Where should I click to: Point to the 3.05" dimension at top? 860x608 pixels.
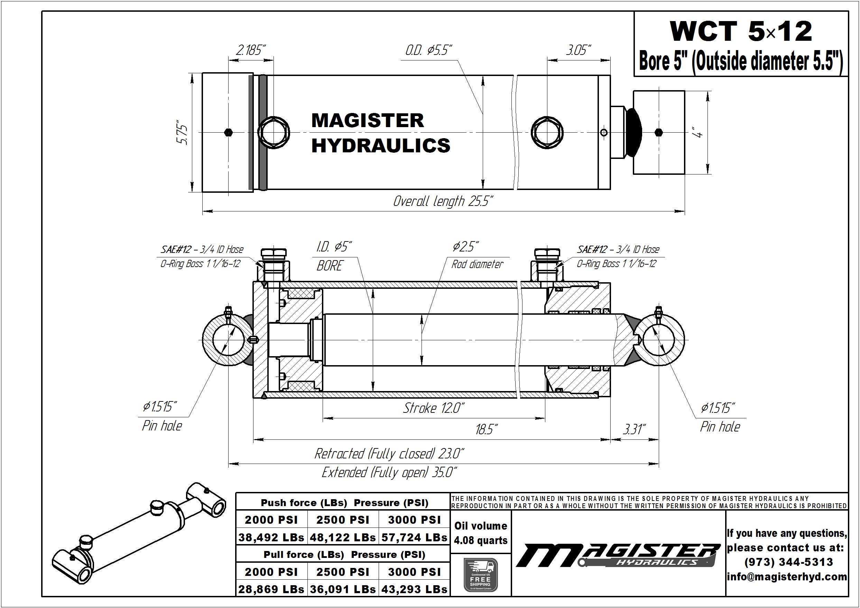point(578,50)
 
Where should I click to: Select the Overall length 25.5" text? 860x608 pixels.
point(443,201)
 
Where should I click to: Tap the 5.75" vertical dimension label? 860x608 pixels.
point(183,132)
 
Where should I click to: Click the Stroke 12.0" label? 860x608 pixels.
point(434,408)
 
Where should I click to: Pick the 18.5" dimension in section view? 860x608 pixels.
point(487,429)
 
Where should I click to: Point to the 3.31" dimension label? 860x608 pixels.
point(634,429)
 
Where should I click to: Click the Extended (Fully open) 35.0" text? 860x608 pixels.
point(389,473)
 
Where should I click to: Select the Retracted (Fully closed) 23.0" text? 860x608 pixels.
point(389,454)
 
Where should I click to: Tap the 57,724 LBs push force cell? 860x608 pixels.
point(414,538)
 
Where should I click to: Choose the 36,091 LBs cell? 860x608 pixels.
point(342,589)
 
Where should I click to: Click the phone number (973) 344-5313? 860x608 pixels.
point(788,562)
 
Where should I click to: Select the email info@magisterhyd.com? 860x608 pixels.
point(787,577)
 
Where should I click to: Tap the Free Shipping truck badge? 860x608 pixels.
point(480,575)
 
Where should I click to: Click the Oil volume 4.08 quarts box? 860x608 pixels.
point(480,533)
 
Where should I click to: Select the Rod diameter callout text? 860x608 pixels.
point(477,264)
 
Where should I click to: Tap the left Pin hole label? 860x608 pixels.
point(162,426)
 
